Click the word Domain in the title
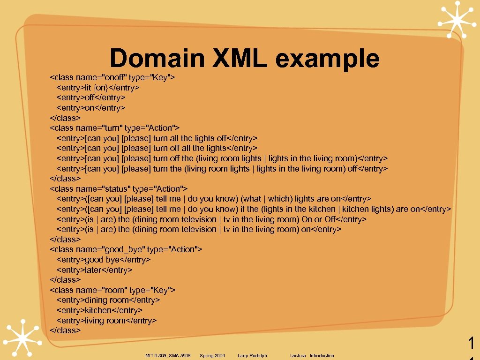point(157,59)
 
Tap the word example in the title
point(327,59)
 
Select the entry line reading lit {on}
point(98,88)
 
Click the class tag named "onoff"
point(112,77)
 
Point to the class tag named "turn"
point(115,128)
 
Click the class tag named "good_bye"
point(126,249)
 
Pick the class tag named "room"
point(112,290)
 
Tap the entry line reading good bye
point(104,260)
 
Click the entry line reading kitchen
point(99,310)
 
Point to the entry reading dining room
point(108,300)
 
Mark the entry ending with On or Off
point(211,219)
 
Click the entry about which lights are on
point(214,199)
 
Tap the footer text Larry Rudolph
point(252,356)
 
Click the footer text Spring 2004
point(212,356)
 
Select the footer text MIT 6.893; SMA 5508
point(168,356)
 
